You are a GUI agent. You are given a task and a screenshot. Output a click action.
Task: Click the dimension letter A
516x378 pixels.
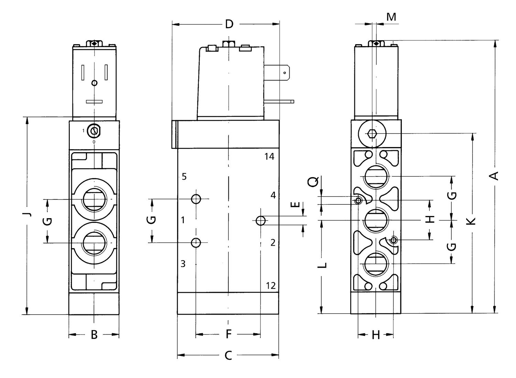click(x=494, y=176)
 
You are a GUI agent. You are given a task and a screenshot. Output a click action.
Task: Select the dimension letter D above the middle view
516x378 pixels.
click(x=229, y=24)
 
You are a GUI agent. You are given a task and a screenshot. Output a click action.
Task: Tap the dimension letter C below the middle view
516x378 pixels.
click(x=228, y=355)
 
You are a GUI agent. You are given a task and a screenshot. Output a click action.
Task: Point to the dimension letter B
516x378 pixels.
click(x=94, y=335)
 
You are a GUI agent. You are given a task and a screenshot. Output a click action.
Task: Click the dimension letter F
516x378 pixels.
click(x=228, y=334)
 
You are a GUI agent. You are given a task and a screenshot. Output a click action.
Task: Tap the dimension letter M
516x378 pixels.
click(x=391, y=17)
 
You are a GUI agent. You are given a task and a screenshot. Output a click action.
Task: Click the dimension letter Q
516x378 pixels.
click(x=313, y=181)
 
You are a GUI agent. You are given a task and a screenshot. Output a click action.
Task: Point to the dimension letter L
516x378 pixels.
click(x=322, y=265)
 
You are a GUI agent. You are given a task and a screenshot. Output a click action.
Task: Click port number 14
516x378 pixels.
click(x=269, y=157)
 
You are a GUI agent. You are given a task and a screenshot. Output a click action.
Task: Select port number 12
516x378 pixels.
click(x=271, y=286)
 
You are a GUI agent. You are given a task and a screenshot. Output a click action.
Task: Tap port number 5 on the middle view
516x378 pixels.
click(x=184, y=177)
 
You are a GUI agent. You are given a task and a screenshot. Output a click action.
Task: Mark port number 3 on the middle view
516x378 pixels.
click(x=183, y=264)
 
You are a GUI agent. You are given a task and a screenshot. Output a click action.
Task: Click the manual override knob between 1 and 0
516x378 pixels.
click(x=94, y=131)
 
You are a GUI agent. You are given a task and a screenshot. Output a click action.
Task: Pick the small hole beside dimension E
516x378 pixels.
click(x=261, y=221)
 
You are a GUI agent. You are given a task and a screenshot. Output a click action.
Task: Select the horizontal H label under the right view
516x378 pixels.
click(x=376, y=335)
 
